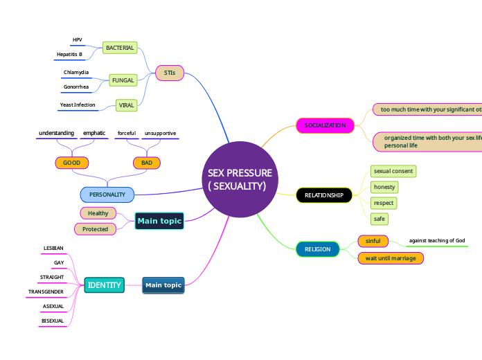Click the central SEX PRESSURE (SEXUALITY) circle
point(240,180)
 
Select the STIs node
point(170,73)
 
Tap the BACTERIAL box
point(119,48)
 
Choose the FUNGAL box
point(123,80)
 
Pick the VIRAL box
point(127,105)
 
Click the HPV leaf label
point(77,40)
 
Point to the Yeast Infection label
point(78,105)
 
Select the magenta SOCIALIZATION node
point(325,125)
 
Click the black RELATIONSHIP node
point(324,195)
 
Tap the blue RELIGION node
point(318,249)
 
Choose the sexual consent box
point(393,171)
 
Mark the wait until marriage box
point(390,258)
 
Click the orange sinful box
point(373,241)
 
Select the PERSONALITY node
point(107,195)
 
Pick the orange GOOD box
point(72,163)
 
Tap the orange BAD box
point(147,163)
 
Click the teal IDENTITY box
point(105,285)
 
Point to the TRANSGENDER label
point(46,292)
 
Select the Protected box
point(96,228)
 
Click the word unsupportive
point(160,133)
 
